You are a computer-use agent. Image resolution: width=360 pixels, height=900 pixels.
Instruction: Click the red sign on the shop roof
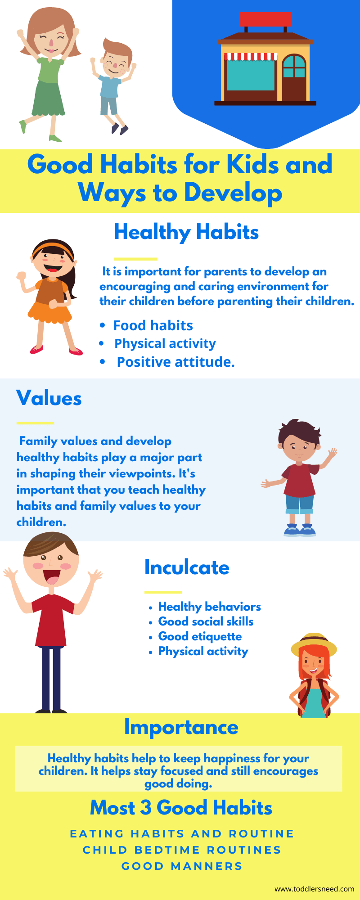[x=265, y=19]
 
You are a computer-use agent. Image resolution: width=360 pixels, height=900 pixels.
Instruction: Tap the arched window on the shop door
[x=294, y=66]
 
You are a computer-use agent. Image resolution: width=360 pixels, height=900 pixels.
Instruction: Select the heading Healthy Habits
[x=186, y=232]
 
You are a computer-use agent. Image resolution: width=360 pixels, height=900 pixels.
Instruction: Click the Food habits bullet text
[x=153, y=325]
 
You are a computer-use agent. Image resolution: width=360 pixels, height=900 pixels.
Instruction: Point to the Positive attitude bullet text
[x=175, y=362]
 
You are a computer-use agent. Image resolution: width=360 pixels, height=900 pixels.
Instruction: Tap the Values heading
[x=49, y=398]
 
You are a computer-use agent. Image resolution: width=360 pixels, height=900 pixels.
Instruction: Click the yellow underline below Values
[x=35, y=423]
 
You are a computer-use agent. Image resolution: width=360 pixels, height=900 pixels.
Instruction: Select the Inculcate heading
[x=187, y=567]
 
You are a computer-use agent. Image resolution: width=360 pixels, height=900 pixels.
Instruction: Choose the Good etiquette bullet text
[x=200, y=637]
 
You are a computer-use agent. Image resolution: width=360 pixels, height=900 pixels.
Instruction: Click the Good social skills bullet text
[x=206, y=621]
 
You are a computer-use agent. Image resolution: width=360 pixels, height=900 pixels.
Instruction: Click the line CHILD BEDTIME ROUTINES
[x=182, y=850]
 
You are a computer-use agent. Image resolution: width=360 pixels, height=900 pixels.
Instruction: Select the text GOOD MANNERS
[x=182, y=866]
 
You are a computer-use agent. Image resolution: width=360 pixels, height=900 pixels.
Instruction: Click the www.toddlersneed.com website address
[x=315, y=889]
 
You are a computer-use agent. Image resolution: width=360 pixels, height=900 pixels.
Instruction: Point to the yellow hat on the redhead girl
[x=314, y=643]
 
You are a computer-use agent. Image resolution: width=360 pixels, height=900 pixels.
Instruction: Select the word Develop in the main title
[x=233, y=193]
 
